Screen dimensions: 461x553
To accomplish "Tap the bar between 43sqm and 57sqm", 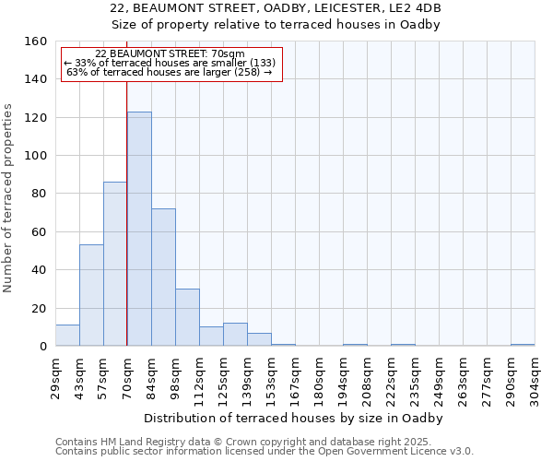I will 91,295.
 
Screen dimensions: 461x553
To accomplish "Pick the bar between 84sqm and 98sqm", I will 163,277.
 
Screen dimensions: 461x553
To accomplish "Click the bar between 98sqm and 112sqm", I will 187,317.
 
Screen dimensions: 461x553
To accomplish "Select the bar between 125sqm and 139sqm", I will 235,335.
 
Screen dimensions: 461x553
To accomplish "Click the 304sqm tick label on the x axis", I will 535,378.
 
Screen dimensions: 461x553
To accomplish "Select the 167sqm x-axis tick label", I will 296,378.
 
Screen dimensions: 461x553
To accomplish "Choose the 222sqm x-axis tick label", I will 392,378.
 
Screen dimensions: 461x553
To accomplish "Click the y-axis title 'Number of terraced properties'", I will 8,198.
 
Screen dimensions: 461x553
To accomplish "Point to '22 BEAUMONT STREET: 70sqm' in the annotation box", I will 171,54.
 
